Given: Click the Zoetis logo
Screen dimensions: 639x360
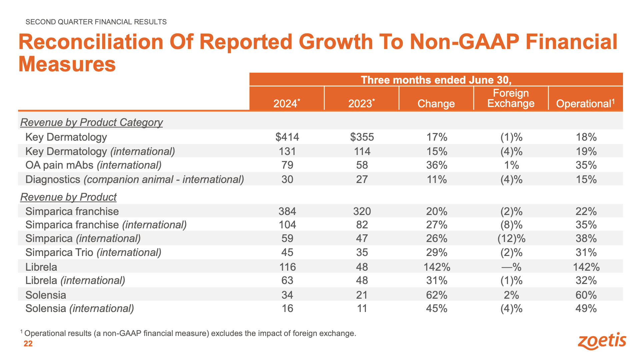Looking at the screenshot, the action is pyautogui.click(x=602, y=341).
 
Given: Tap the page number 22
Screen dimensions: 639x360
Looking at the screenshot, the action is pyautogui.click(x=28, y=344).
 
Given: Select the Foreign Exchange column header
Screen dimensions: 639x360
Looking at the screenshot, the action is pyautogui.click(x=511, y=98).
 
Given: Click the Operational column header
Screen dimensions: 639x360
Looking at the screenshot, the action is pyautogui.click(x=585, y=103).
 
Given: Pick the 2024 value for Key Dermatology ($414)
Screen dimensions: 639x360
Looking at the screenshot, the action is pyautogui.click(x=287, y=137).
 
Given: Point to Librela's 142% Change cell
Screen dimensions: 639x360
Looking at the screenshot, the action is pyautogui.click(x=437, y=267).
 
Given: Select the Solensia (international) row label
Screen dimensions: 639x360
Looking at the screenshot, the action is pyautogui.click(x=80, y=308).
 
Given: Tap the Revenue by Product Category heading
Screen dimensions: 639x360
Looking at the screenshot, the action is pyautogui.click(x=91, y=122).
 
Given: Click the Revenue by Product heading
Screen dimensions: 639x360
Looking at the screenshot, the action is pyautogui.click(x=68, y=197).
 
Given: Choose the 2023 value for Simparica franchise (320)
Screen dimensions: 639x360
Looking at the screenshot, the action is pyautogui.click(x=362, y=211).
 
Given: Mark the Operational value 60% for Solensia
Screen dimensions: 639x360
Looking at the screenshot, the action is pyautogui.click(x=586, y=295).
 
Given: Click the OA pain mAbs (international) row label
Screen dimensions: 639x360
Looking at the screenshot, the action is pyautogui.click(x=93, y=165).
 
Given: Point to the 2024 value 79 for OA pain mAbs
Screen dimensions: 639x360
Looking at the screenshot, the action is pyautogui.click(x=287, y=165).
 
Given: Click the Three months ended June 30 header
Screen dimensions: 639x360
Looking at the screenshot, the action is pyautogui.click(x=436, y=80).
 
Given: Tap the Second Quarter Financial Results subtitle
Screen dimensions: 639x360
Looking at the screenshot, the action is pyautogui.click(x=96, y=22).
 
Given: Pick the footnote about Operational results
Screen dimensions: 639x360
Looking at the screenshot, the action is pyautogui.click(x=188, y=333).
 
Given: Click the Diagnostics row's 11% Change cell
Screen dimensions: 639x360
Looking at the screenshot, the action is pyautogui.click(x=437, y=179).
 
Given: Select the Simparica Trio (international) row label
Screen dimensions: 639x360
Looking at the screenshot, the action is pyautogui.click(x=93, y=252).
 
